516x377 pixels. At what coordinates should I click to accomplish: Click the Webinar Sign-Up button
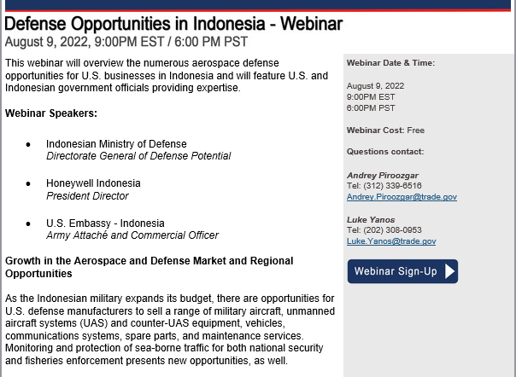402,271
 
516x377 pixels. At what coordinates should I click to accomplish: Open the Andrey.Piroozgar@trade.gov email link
402,196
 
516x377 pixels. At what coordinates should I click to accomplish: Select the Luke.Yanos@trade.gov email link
391,241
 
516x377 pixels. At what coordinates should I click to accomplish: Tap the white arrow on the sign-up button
450,271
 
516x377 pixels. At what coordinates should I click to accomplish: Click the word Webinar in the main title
311,24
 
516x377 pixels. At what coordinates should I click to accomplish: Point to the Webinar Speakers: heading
51,113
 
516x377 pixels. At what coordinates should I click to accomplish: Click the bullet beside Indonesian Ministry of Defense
28,144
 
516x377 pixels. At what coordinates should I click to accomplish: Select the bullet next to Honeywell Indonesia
28,183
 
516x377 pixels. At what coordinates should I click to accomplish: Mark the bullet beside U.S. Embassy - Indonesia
28,223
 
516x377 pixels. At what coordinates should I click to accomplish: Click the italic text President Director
87,196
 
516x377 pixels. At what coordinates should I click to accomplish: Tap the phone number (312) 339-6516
392,186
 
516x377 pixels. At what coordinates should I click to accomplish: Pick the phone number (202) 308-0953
392,230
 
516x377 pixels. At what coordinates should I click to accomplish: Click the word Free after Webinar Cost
416,130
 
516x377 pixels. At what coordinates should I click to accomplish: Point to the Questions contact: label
385,152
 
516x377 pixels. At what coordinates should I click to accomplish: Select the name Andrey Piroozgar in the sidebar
383,175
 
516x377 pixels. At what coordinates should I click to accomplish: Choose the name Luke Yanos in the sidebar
371,219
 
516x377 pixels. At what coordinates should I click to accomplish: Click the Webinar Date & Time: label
390,63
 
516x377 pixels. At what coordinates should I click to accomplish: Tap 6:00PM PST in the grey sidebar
371,107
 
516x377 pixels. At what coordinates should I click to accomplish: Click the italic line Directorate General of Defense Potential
138,156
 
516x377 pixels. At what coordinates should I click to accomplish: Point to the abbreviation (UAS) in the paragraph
93,323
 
